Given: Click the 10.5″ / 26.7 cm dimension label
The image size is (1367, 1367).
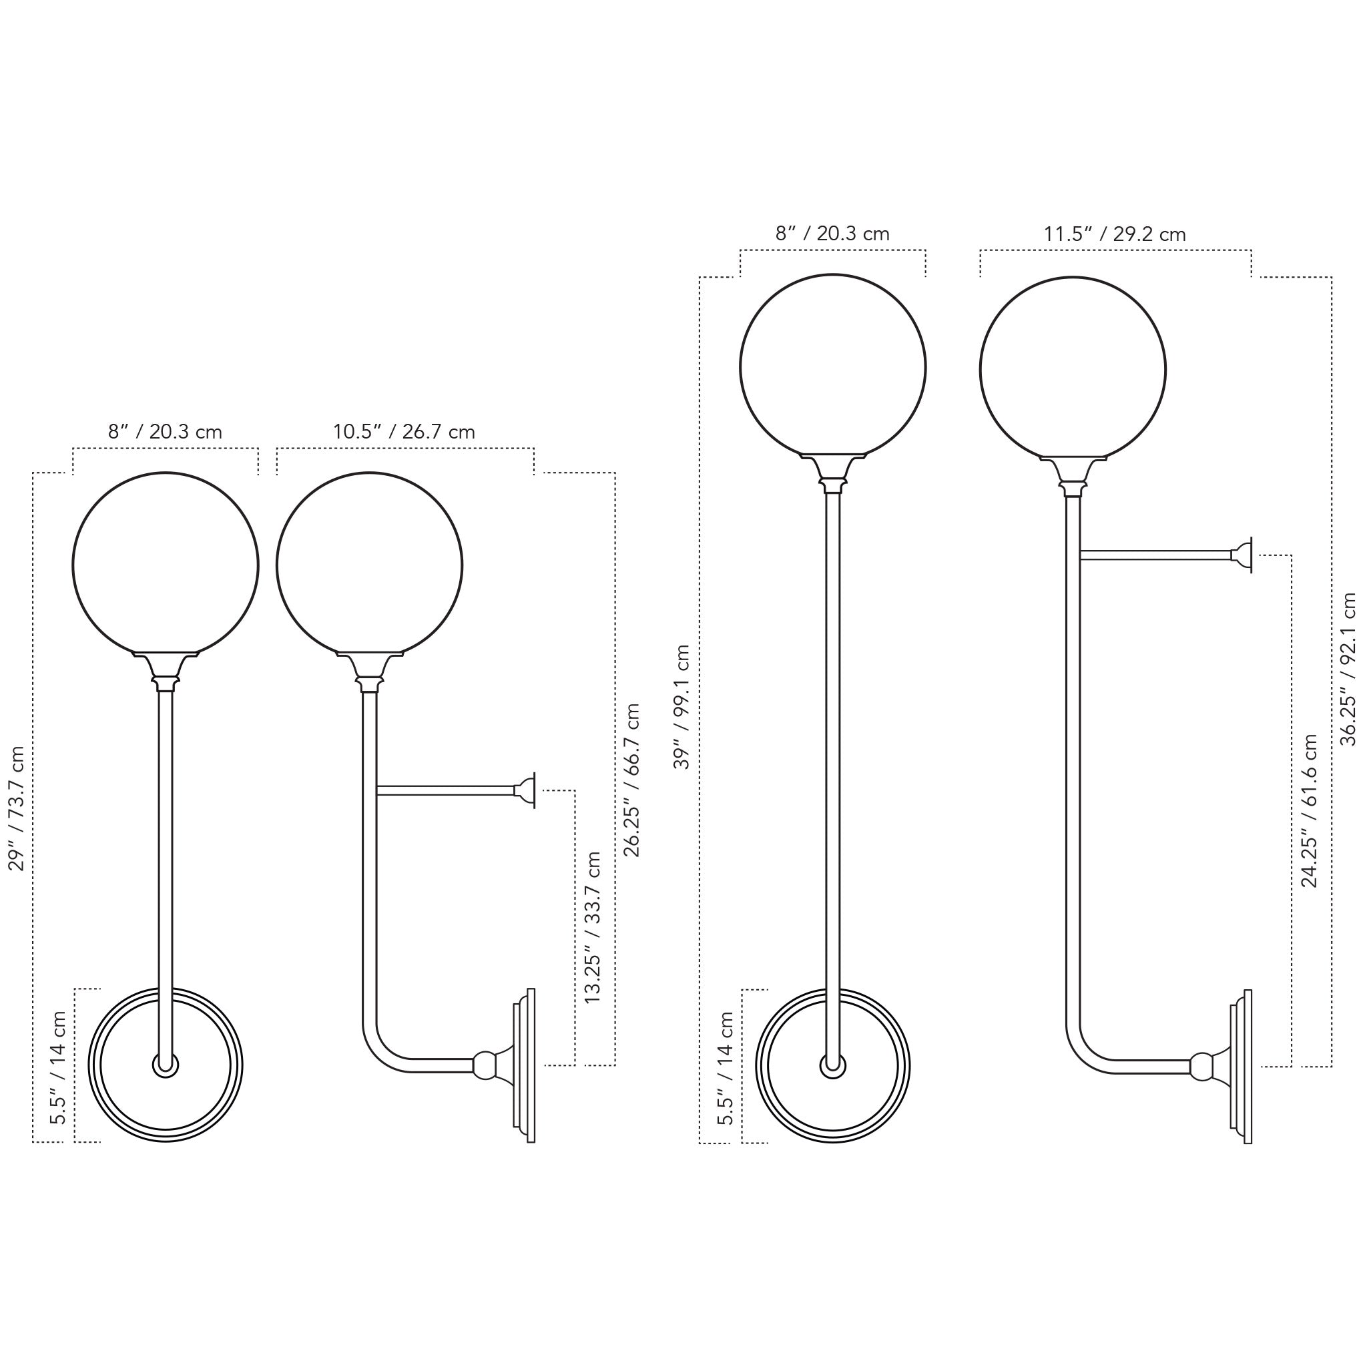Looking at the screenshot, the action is click(404, 432).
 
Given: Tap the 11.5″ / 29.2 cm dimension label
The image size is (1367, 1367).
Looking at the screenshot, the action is click(1115, 234).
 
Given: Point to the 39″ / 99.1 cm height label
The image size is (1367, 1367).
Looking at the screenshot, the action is click(682, 707).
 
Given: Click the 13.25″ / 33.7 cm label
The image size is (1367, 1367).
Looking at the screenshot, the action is click(592, 927).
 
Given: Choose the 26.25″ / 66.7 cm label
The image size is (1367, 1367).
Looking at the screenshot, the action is click(631, 780).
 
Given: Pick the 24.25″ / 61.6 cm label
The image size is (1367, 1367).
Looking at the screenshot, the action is click(1309, 811).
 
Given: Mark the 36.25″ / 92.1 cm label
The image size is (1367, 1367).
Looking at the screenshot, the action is click(1348, 669).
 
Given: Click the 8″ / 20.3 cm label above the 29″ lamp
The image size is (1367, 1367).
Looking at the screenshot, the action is click(165, 432).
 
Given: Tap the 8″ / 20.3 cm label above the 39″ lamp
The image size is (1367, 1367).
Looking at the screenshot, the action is click(832, 234).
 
